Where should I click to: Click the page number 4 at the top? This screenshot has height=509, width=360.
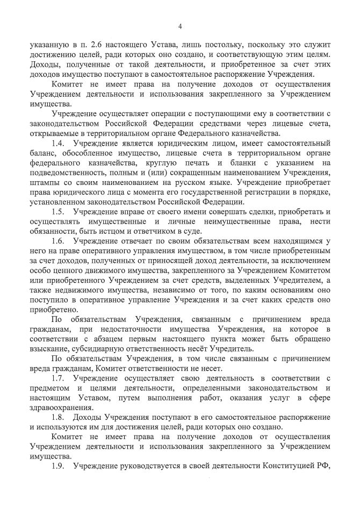[x=180, y=26]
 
